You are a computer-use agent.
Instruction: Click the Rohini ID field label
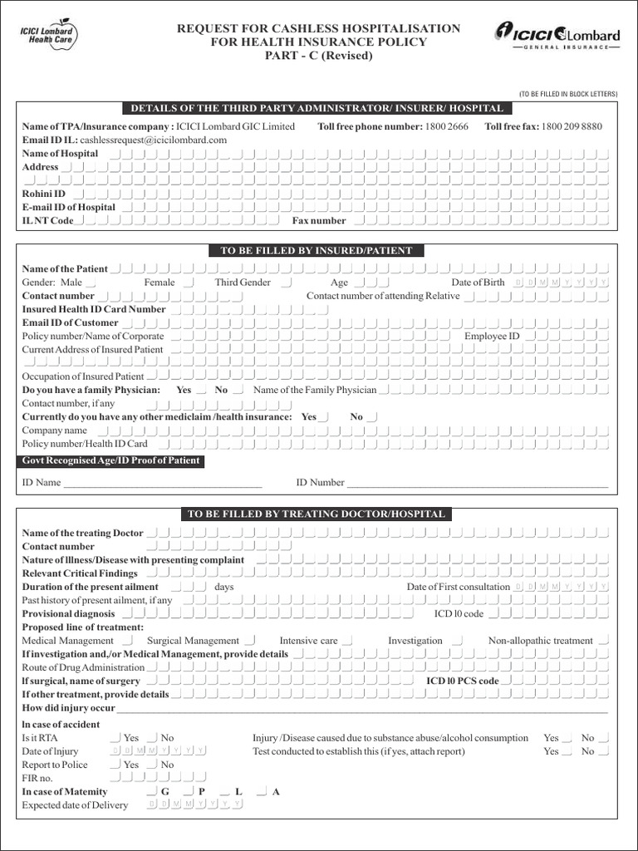(x=43, y=194)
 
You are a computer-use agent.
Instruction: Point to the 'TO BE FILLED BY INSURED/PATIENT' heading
(x=316, y=250)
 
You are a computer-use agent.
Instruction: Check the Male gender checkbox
(x=91, y=283)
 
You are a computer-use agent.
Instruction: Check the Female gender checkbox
(x=189, y=283)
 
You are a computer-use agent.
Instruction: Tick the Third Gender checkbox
(x=287, y=283)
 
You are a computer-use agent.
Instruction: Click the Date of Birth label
(x=478, y=283)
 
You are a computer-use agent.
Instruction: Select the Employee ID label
(x=492, y=337)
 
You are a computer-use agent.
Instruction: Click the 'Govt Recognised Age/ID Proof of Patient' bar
(x=110, y=461)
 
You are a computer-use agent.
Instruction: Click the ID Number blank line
(x=477, y=484)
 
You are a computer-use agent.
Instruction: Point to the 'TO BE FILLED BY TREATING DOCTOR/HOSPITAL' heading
(x=316, y=514)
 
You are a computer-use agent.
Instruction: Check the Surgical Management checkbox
(x=250, y=641)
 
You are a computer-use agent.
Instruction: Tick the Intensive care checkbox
(x=347, y=641)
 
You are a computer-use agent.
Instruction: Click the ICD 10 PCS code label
(x=462, y=681)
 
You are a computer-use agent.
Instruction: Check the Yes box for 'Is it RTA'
(x=115, y=738)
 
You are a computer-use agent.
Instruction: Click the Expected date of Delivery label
(x=75, y=805)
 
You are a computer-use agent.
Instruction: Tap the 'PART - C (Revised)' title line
(x=319, y=56)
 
